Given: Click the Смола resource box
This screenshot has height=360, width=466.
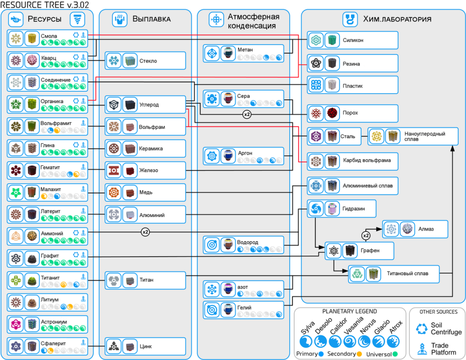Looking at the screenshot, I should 48,39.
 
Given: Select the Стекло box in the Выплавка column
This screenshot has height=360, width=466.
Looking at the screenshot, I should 145,61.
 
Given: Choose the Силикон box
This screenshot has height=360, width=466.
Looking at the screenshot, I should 352,40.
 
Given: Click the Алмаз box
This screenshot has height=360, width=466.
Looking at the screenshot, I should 415,229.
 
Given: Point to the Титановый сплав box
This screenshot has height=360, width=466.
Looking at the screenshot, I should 394,274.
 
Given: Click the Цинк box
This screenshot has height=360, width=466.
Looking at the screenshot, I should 145,346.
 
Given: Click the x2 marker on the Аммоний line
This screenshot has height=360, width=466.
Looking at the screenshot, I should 145,232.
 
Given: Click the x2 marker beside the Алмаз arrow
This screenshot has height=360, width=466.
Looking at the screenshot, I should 366,236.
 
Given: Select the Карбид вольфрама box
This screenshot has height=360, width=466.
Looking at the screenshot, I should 352,160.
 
